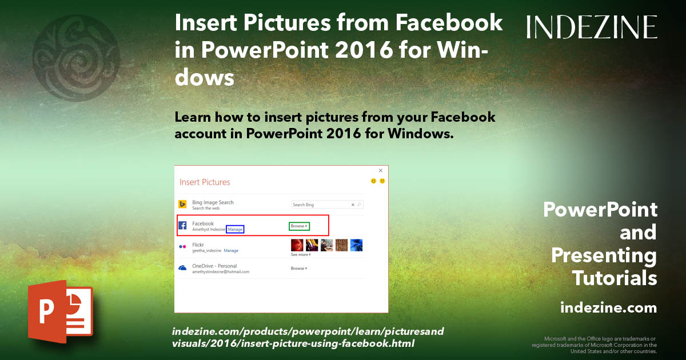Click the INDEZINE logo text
coord(592,27)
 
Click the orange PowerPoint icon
coord(61,311)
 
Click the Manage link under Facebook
coord(236,229)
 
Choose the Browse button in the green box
coord(299,226)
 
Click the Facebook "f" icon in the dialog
coord(183,226)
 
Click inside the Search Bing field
coord(320,205)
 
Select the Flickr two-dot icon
coord(183,247)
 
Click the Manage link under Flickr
coord(231,251)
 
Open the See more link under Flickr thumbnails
coord(300,255)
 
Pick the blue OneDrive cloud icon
coord(183,268)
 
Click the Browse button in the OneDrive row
coord(298,268)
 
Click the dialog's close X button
coord(381,170)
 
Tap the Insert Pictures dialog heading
coord(205,182)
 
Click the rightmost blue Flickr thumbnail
coord(356,245)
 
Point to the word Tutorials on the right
coord(615,278)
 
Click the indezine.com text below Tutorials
coord(608,308)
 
